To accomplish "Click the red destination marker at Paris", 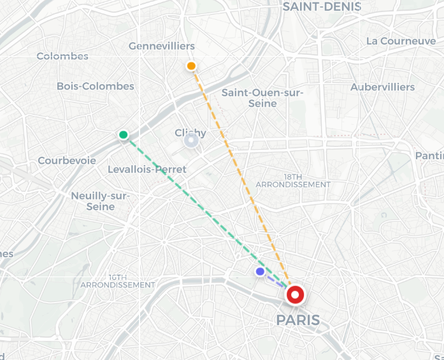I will (295, 295).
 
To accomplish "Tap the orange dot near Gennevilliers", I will (191, 66).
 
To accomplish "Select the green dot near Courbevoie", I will (124, 134).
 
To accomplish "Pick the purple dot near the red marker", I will (260, 271).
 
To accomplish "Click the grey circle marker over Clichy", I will (190, 140).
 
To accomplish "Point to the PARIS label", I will (298, 320).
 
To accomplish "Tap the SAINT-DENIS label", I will (322, 7).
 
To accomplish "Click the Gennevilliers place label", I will (162, 47).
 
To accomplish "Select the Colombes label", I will (62, 56).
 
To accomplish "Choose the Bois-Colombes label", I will (96, 86).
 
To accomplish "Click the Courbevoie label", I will (67, 161).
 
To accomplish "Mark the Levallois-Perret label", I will (147, 169).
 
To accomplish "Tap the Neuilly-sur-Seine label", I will (101, 201).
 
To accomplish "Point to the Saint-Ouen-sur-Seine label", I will (262, 97).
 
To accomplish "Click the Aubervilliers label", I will (383, 87).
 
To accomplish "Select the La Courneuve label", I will (401, 41).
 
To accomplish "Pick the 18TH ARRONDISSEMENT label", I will (293, 180).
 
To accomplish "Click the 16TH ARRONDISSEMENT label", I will (118, 281).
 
